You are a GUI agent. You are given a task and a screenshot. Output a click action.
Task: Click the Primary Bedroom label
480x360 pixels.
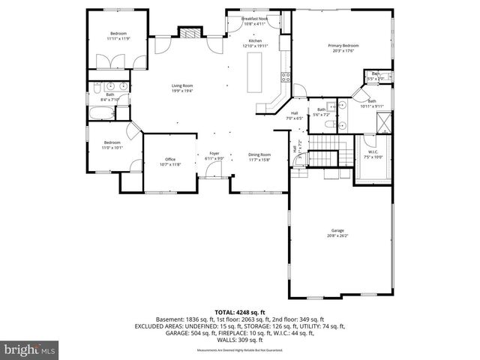343,46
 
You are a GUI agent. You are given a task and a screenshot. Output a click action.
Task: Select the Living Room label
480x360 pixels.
183,86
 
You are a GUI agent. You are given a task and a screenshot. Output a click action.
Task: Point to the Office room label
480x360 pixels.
170,160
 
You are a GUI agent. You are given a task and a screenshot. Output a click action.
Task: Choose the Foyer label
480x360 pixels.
214,154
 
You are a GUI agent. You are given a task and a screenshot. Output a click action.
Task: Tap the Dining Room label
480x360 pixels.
259,154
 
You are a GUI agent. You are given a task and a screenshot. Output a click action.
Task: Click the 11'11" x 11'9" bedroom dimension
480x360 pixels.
119,38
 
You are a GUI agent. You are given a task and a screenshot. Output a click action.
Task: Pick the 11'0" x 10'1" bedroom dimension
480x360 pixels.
112,147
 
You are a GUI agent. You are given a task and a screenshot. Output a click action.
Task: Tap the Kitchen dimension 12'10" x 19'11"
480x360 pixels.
255,46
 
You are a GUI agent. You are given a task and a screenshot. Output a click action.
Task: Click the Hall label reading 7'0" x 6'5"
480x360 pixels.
294,118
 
